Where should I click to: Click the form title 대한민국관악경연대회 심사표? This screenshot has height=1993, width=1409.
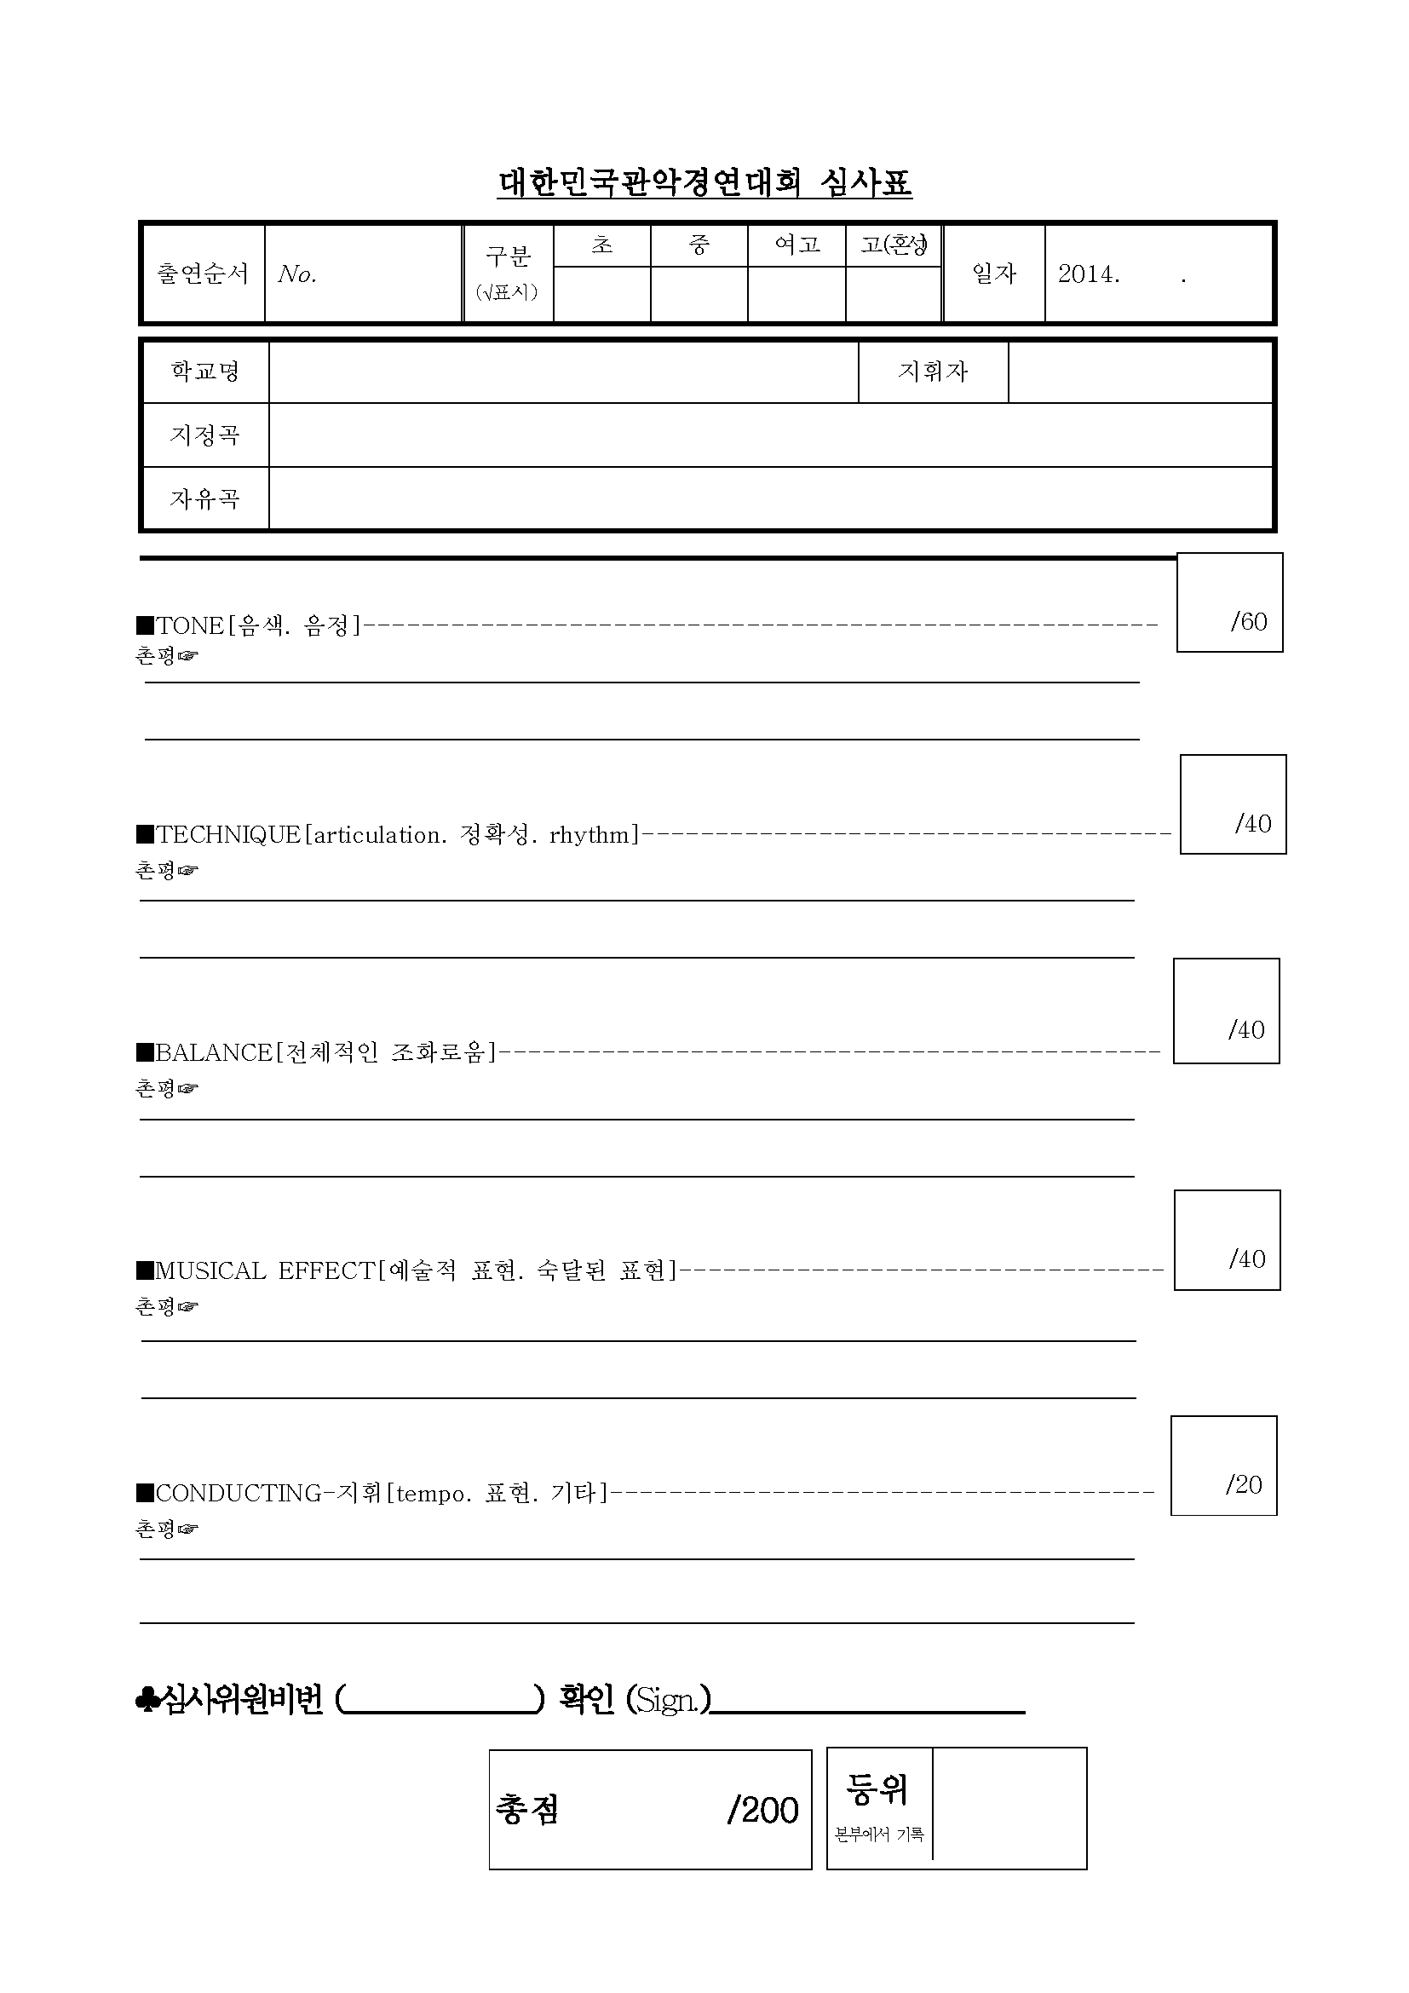pos(704,183)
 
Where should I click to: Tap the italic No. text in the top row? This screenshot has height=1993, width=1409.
pos(297,274)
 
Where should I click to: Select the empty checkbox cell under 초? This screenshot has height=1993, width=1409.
pos(601,293)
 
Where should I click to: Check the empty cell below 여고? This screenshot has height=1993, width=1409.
pos(796,293)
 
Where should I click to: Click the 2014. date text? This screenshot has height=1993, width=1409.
pos(1089,274)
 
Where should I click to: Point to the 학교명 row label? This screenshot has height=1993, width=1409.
pos(204,372)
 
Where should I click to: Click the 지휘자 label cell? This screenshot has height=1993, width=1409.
pos(933,372)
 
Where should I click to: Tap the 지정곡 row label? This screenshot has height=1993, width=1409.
pos(204,434)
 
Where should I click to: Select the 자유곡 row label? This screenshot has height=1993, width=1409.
pos(204,498)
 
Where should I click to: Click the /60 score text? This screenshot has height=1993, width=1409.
pos(1249,621)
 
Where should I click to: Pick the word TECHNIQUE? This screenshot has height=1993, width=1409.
pos(228,835)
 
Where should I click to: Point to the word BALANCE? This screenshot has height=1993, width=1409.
pos(214,1053)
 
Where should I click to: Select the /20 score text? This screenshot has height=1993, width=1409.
pos(1243,1484)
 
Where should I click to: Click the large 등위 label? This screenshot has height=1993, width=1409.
pos(878,1789)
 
